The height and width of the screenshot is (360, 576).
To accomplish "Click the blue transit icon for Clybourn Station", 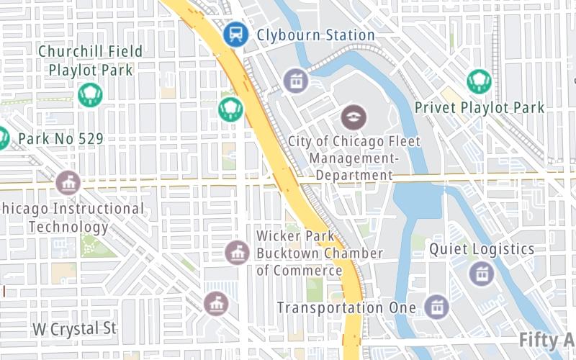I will tap(235, 33).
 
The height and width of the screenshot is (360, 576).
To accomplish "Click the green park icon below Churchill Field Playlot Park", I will tap(91, 94).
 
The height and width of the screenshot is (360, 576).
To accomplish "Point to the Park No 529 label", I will tap(60, 138).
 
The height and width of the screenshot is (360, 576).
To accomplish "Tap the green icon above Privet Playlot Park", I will tap(479, 81).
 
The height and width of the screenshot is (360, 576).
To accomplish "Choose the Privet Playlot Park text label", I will tap(480, 108).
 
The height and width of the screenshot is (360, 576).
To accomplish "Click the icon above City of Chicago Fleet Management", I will tap(354, 115).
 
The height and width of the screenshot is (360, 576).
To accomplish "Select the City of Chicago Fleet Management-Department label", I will tap(354, 158).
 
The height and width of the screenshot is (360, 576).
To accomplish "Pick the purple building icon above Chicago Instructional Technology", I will tap(68, 182).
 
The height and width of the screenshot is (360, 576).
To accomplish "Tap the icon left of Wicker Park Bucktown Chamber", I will tap(237, 252).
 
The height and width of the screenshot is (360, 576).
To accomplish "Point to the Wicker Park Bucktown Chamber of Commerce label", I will tap(320, 253).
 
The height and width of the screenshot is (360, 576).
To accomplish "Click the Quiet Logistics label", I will tap(482, 249).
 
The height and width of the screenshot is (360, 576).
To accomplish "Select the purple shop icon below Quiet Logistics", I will tap(481, 273).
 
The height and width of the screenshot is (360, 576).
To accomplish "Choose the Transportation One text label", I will tap(346, 307).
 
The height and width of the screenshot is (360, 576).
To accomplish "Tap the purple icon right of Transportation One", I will tap(436, 307).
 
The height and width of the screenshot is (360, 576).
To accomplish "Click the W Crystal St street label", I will tap(74, 328).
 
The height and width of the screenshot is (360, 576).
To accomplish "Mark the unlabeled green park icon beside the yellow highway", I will tap(230, 109).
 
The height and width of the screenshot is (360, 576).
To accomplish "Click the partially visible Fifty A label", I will tap(547, 339).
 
